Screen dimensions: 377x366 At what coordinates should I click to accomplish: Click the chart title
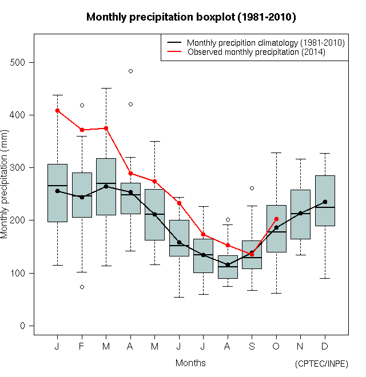click(x=191, y=17)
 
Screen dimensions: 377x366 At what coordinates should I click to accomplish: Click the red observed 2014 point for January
click(x=57, y=110)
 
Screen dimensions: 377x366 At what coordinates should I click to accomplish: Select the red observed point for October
click(x=276, y=219)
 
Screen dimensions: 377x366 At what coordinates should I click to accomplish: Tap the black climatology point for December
click(x=325, y=202)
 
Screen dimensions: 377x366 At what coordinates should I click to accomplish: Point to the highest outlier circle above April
click(x=130, y=71)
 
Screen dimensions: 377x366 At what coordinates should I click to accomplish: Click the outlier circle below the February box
click(x=82, y=287)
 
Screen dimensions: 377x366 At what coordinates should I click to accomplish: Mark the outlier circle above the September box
click(x=252, y=188)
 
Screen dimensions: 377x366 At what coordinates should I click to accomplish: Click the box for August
click(x=228, y=267)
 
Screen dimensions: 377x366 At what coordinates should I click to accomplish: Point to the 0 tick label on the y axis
click(x=23, y=326)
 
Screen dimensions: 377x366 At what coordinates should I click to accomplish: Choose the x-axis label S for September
click(x=252, y=347)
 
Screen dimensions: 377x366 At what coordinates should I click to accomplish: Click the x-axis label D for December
click(x=325, y=347)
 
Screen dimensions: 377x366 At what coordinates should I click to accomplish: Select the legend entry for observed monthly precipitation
click(x=256, y=52)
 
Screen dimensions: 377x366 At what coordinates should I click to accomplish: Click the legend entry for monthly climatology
click(x=265, y=43)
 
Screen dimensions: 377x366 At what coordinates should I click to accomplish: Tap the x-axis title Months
click(x=190, y=363)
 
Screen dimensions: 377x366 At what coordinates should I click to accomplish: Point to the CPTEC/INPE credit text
click(x=321, y=364)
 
